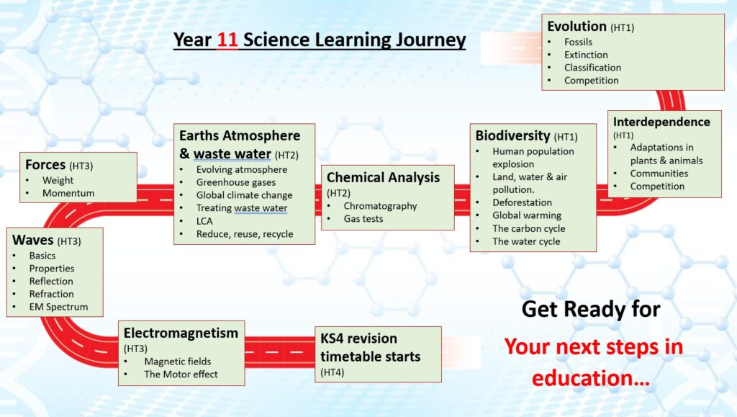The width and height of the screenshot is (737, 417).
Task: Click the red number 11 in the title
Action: tap(227, 40)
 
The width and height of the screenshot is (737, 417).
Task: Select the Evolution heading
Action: tap(577, 27)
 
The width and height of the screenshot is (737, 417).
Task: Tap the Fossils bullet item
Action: tap(578, 42)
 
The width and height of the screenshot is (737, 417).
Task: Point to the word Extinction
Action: tap(586, 55)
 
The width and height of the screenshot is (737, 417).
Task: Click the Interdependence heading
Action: tap(661, 122)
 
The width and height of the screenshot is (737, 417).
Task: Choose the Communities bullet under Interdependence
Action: tap(659, 174)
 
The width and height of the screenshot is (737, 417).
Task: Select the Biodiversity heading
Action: tap(512, 136)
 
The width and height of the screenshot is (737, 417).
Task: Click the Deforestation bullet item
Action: tap(523, 202)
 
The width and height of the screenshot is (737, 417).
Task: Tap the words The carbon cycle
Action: tap(529, 228)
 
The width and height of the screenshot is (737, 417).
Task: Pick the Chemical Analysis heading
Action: tap(383, 178)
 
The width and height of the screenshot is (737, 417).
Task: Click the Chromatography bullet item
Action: tap(380, 206)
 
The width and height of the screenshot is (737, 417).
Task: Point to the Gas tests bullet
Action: tap(363, 219)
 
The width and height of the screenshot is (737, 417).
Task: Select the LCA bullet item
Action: tap(204, 221)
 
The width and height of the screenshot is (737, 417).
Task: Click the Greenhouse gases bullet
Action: tap(236, 182)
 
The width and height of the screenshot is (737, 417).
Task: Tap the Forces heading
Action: tap(45, 165)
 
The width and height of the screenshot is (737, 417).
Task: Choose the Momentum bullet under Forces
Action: tap(68, 193)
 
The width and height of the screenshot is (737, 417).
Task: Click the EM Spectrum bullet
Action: tap(59, 307)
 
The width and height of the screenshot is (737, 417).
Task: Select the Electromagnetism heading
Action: tap(181, 333)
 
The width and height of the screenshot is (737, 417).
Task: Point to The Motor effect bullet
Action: tap(181, 375)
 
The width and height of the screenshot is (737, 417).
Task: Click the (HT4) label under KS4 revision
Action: tap(333, 372)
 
